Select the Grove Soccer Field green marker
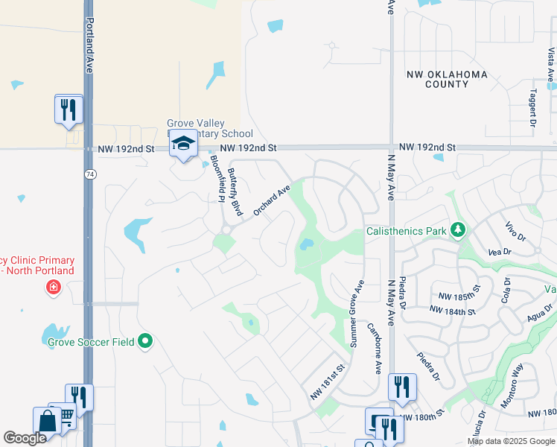click(145, 342)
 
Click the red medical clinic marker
click(53, 288)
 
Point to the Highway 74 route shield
click(89, 173)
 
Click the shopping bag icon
click(46, 421)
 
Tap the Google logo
click(25, 438)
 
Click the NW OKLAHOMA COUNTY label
click(447, 79)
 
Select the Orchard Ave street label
click(271, 201)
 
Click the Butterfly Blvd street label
click(236, 192)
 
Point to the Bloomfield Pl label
click(217, 178)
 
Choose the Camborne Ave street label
click(375, 347)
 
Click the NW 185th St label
click(460, 297)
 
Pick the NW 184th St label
click(452, 310)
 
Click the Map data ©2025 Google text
click(510, 441)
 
